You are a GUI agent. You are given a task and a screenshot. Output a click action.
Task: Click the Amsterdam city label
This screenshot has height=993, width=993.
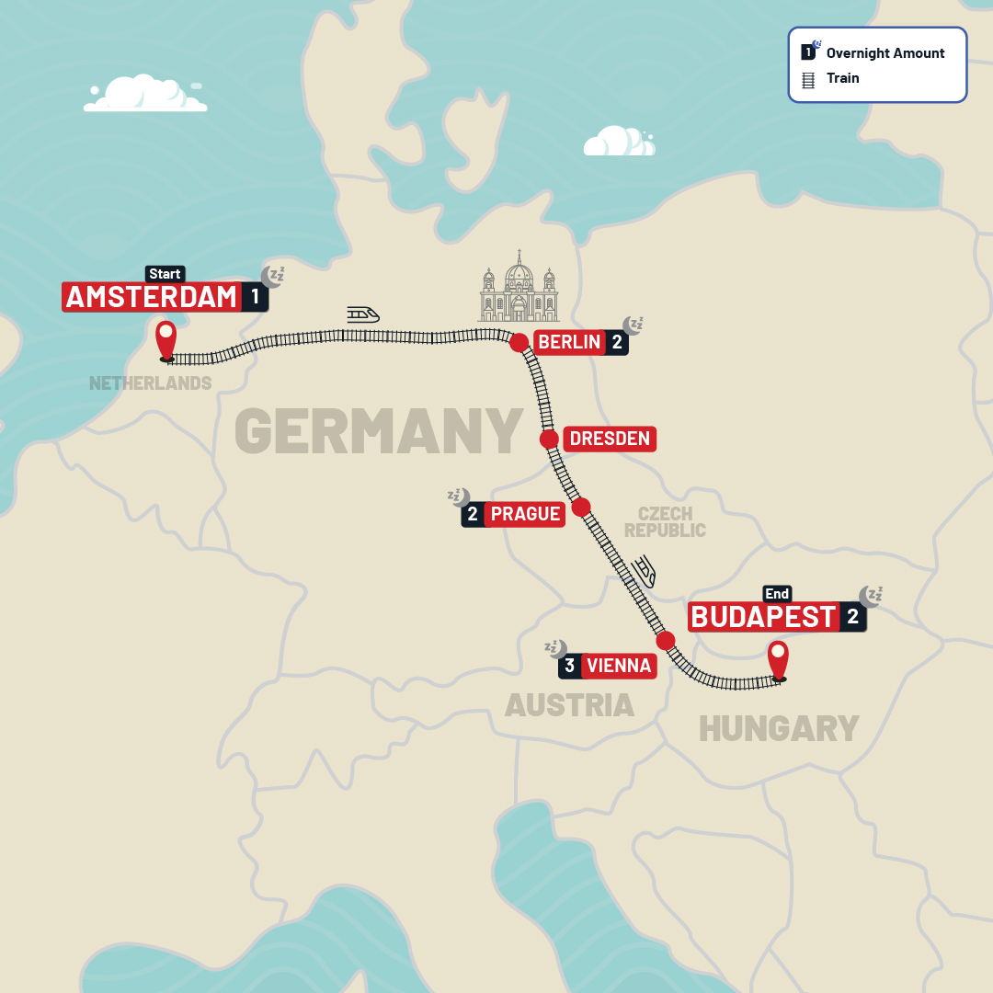click(x=152, y=297)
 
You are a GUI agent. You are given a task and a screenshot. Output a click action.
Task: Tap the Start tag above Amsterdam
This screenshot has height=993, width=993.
click(x=165, y=274)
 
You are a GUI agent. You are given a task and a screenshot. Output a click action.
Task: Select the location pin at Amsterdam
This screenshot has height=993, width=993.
click(x=165, y=339)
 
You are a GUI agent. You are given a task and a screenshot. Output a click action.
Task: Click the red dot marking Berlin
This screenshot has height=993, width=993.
click(x=519, y=343)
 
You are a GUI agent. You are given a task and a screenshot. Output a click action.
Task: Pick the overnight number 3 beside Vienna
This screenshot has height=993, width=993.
click(x=570, y=666)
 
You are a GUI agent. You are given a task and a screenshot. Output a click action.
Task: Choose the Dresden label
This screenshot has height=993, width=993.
click(x=610, y=439)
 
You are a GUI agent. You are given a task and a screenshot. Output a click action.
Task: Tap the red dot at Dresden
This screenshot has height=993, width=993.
click(x=549, y=439)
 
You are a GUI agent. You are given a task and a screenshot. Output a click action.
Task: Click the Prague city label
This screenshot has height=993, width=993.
click(x=525, y=514)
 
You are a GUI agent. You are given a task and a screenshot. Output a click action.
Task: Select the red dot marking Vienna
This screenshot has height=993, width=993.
click(x=666, y=641)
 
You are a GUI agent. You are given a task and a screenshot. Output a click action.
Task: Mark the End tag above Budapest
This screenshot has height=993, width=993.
click(x=777, y=594)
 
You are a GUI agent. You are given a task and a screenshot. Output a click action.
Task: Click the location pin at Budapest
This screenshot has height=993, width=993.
click(x=779, y=659)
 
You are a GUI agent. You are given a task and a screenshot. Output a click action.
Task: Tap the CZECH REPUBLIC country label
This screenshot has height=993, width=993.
click(x=665, y=522)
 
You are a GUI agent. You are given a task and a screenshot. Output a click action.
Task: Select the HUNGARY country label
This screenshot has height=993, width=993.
click(x=779, y=729)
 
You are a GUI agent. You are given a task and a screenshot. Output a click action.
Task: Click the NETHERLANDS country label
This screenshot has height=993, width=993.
click(x=151, y=383)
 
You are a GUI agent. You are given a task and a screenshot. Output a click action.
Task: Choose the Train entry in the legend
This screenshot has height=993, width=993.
click(x=842, y=78)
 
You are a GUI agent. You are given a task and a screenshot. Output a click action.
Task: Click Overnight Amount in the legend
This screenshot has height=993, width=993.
click(x=885, y=53)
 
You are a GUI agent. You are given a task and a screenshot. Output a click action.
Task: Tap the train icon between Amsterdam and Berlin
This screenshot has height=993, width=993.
click(x=363, y=314)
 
